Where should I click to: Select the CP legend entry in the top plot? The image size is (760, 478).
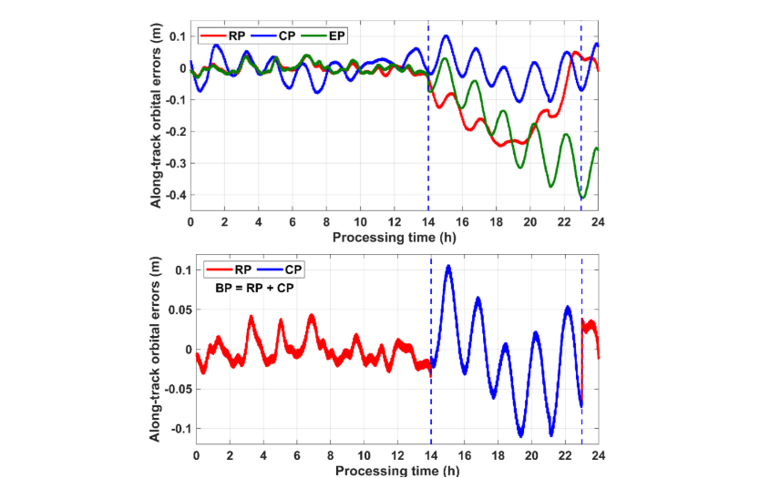click(x=280, y=36)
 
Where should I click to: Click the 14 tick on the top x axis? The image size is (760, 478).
click(x=428, y=222)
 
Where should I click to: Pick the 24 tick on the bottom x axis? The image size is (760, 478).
click(x=598, y=454)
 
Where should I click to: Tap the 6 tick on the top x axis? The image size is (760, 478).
click(x=293, y=222)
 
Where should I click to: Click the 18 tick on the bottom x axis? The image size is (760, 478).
click(x=498, y=454)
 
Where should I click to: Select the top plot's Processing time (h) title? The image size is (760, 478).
click(x=393, y=237)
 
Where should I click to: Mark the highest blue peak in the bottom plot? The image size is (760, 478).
click(x=448, y=266)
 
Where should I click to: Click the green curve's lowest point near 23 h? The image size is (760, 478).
click(x=581, y=198)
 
